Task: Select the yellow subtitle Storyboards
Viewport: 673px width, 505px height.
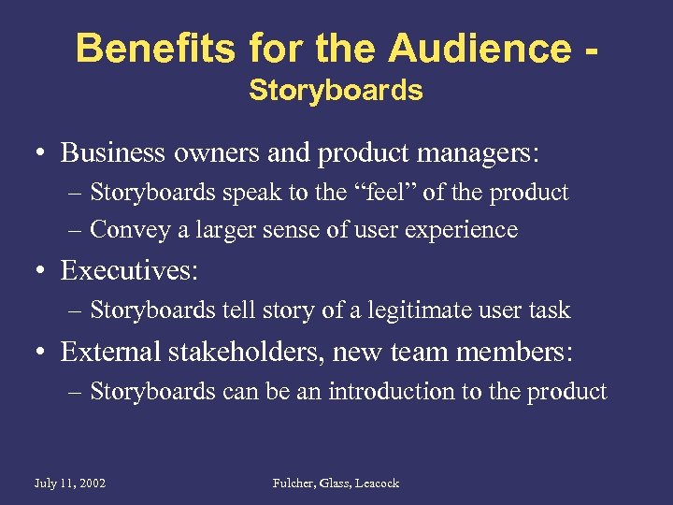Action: pyautogui.click(x=336, y=91)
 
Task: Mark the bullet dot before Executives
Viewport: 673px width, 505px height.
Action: pyautogui.click(x=42, y=271)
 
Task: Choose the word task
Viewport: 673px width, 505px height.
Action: pyautogui.click(x=550, y=310)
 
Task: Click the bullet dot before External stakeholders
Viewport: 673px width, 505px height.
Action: pyautogui.click(x=42, y=353)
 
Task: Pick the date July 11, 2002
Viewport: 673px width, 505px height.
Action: pyautogui.click(x=69, y=483)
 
